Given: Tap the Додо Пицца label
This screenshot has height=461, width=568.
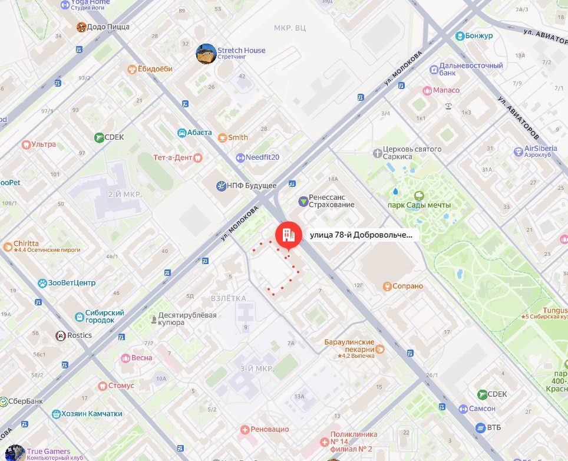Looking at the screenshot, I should pyautogui.click(x=108, y=27).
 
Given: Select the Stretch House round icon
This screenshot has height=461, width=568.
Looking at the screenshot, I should pyautogui.click(x=206, y=54).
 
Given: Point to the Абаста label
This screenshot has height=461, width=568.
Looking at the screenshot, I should pyautogui.click(x=199, y=133).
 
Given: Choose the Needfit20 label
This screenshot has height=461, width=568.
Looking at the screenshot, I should pyautogui.click(x=262, y=157).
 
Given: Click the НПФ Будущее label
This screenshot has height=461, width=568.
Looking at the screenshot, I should pyautogui.click(x=252, y=186).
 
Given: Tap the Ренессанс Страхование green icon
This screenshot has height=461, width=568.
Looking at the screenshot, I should pyautogui.click(x=303, y=201).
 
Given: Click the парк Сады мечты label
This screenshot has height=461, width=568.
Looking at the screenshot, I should pyautogui.click(x=419, y=205).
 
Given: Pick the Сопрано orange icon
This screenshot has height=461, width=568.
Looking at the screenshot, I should pyautogui.click(x=387, y=287).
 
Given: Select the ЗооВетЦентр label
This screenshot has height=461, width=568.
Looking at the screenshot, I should pyautogui.click(x=71, y=283).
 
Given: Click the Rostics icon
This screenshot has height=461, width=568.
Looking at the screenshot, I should pyautogui.click(x=60, y=335).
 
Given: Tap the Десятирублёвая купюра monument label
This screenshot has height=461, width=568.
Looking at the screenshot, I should pyautogui.click(x=187, y=319).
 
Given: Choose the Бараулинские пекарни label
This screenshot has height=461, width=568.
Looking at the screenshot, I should pyautogui.click(x=349, y=345).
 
